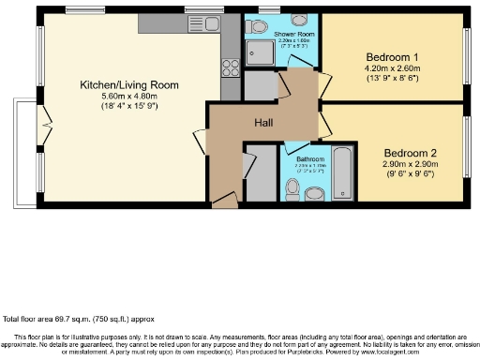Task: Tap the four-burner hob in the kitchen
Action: click(x=229, y=67)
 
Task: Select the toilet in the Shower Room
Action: click(x=299, y=20)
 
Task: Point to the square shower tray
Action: click(x=258, y=52)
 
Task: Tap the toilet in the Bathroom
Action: click(x=294, y=188)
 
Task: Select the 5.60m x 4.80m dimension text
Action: click(x=127, y=96)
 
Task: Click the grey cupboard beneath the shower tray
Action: click(x=262, y=86)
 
